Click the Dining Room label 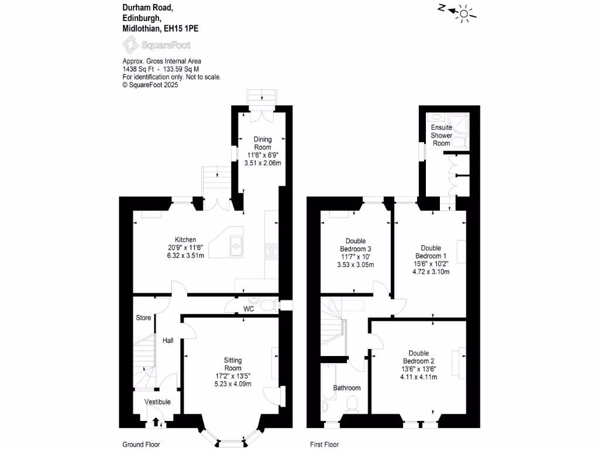pos(263,143)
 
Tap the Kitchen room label pos(185,239)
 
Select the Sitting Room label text pos(233,364)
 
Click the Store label pos(143,318)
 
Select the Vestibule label pos(157,402)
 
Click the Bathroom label pos(347,388)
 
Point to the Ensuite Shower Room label pos(442,135)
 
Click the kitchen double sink pos(237,246)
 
